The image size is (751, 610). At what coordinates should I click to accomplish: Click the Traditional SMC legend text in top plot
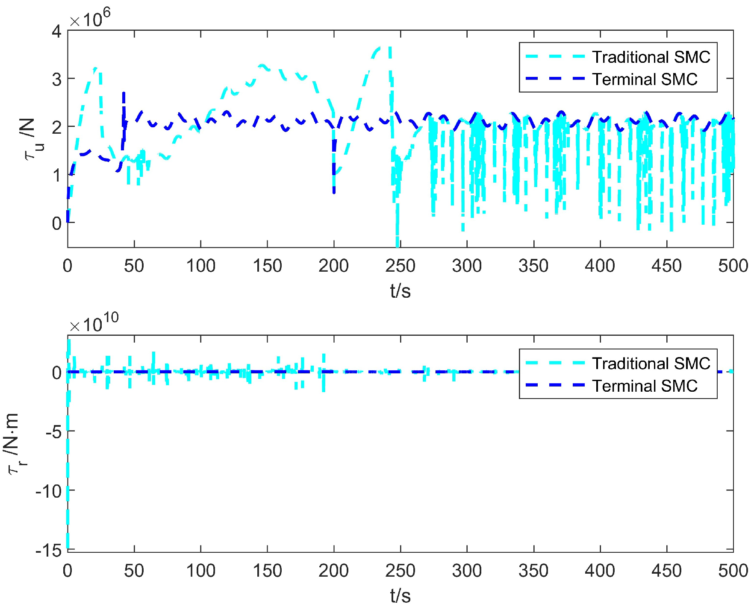(651, 57)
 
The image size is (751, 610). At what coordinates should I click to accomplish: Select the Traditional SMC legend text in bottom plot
(651, 364)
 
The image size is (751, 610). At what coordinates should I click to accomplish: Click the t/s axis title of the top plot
(400, 291)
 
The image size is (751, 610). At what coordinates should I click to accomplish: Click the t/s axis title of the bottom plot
(400, 596)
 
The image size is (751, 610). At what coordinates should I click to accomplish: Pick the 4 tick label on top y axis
(56, 31)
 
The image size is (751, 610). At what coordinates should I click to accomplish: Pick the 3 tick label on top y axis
(56, 79)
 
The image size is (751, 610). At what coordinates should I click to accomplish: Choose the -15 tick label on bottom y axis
(49, 550)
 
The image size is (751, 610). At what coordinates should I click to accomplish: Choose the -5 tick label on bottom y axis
(53, 432)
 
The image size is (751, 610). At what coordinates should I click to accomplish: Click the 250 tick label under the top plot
(400, 266)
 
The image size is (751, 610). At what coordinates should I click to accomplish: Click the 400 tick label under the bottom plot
(600, 571)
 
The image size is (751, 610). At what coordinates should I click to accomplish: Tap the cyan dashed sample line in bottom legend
(554, 363)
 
